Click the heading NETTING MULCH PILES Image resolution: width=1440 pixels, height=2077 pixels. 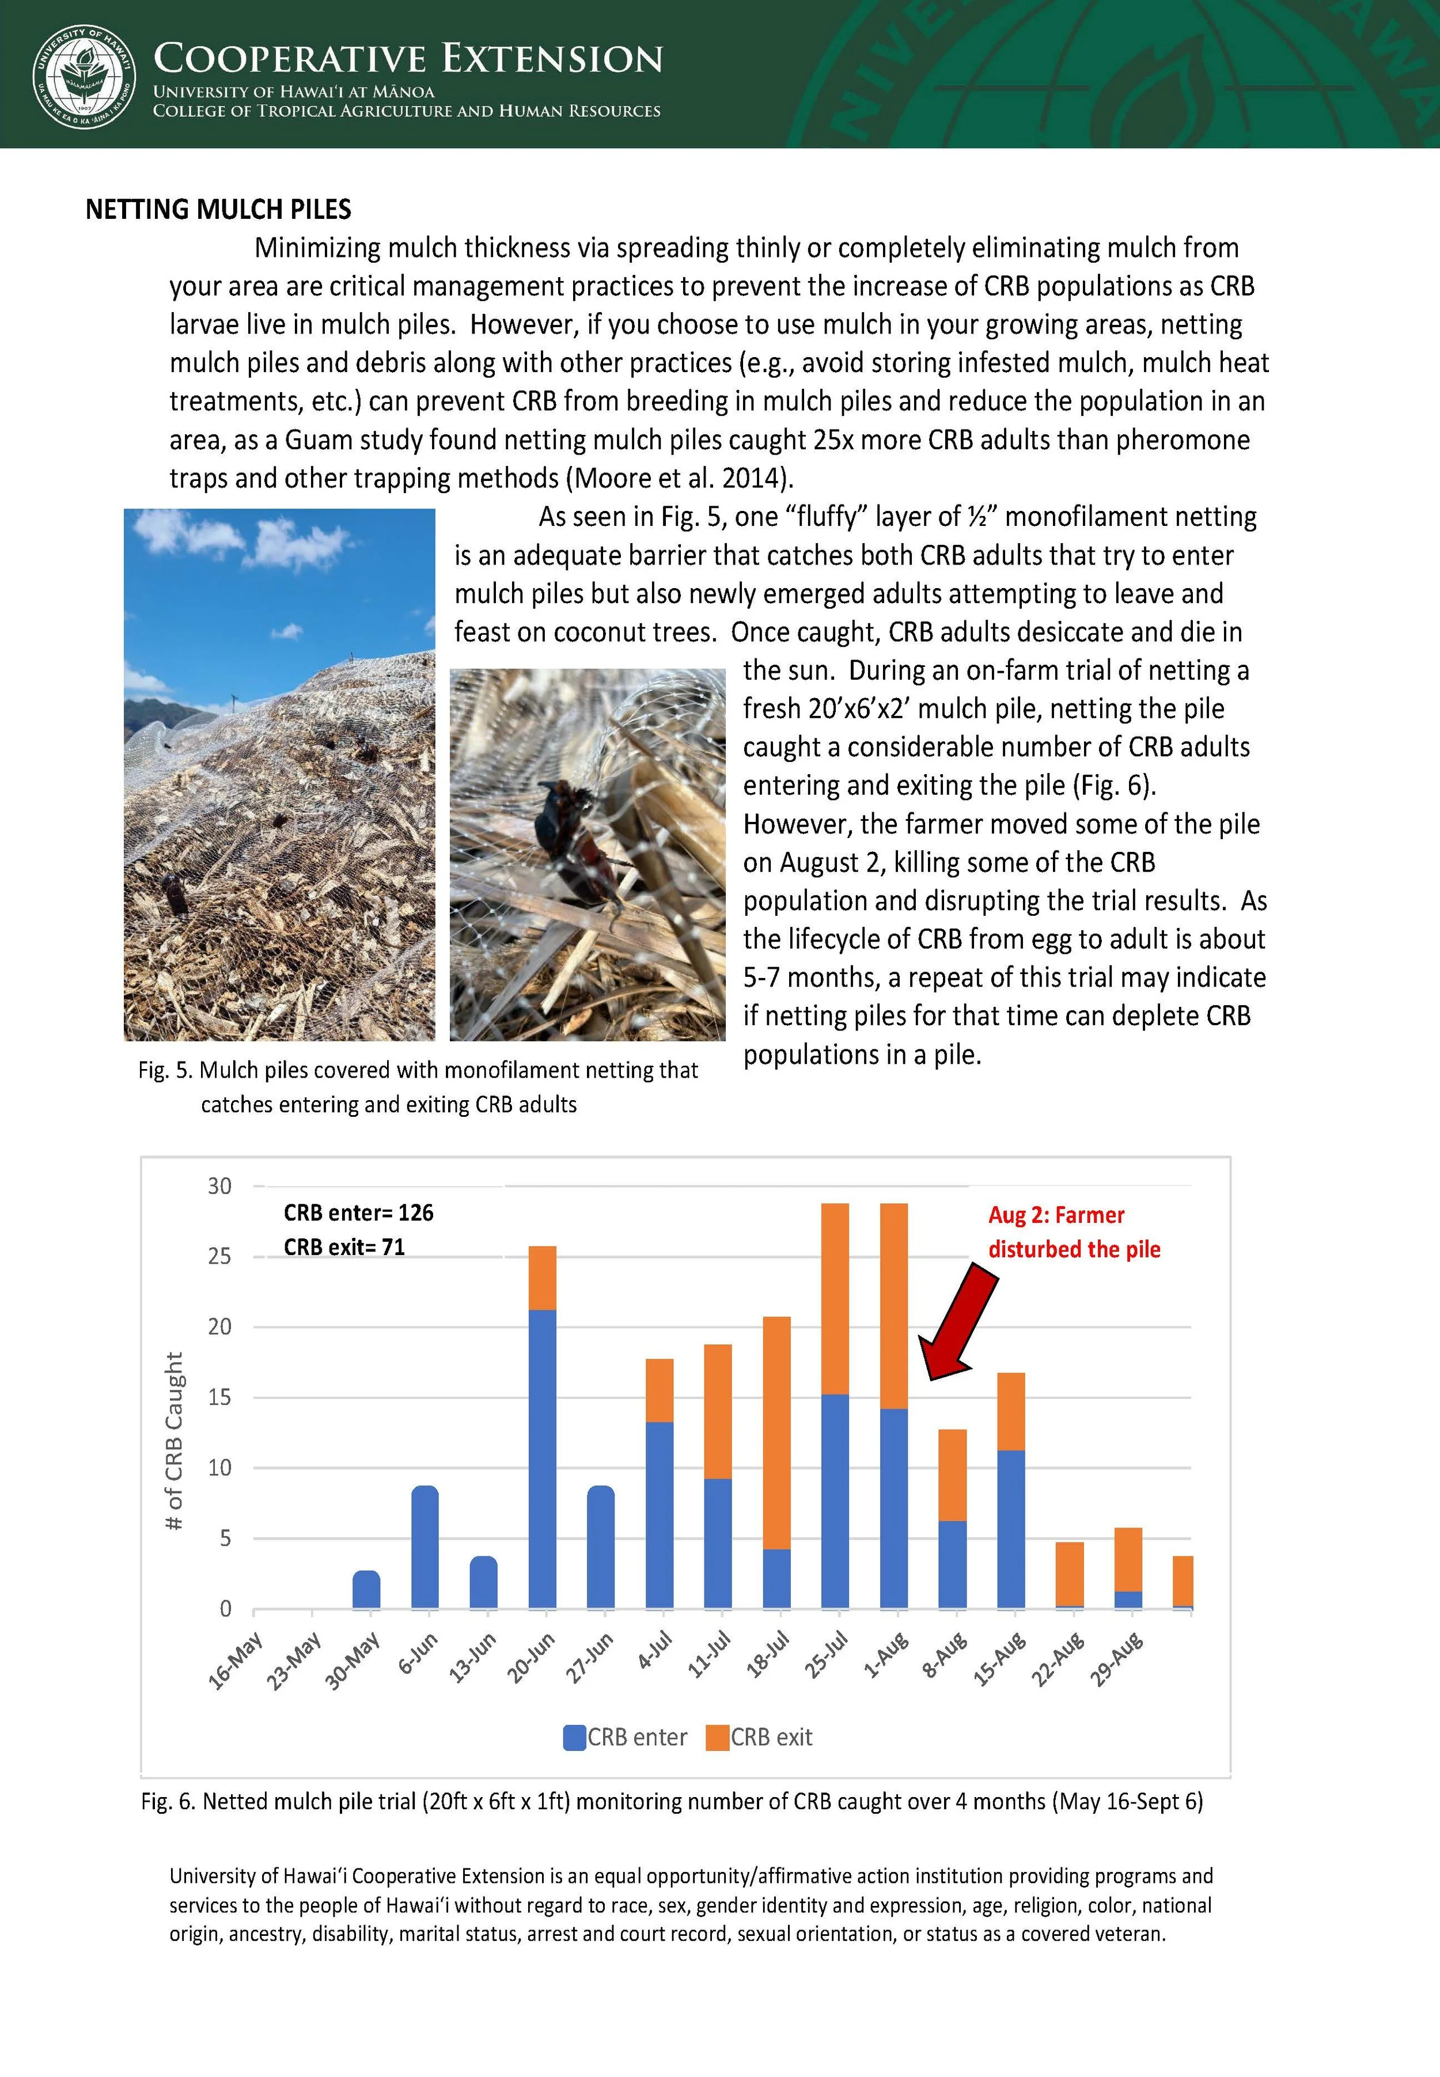218,209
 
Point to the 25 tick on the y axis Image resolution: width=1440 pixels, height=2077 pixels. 219,1256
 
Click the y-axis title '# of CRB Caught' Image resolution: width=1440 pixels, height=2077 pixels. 174,1441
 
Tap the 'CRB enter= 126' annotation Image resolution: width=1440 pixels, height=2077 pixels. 358,1212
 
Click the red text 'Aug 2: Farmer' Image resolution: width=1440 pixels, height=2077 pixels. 1056,1215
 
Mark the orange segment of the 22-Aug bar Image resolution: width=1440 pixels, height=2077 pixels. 1070,1574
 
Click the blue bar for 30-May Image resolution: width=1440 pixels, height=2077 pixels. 366,1589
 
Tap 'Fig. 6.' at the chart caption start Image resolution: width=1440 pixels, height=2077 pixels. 168,1802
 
